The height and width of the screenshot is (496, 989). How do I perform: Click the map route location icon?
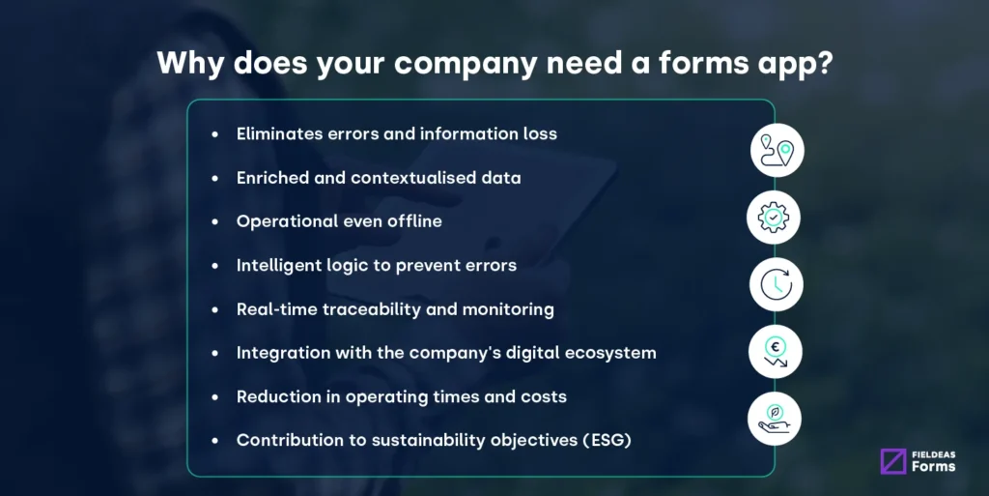click(777, 150)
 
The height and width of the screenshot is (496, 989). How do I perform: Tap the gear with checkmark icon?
click(774, 218)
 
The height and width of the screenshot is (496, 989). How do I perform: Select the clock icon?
click(777, 284)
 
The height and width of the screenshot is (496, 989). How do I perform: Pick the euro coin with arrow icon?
click(775, 352)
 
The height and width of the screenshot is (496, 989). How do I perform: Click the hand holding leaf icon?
click(775, 419)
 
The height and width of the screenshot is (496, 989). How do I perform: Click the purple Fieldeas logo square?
click(893, 461)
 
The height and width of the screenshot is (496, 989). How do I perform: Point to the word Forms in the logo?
click(933, 467)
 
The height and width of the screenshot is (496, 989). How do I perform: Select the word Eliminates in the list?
click(279, 133)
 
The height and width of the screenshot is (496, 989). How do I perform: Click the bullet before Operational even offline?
click(214, 221)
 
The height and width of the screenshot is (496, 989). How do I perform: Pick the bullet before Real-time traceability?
click(214, 309)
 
